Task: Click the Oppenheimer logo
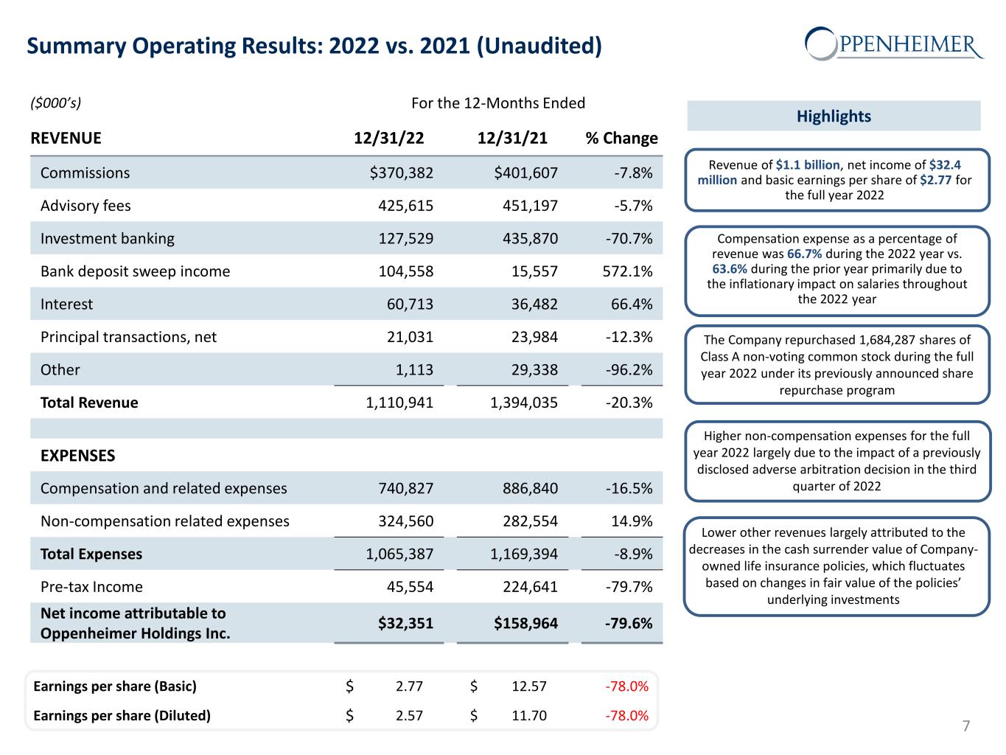(x=894, y=44)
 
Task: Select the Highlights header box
(x=834, y=116)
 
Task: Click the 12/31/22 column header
(x=388, y=139)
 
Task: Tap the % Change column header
(x=621, y=139)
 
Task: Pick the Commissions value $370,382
(x=401, y=173)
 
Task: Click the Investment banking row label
(x=108, y=238)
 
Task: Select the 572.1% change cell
(x=627, y=271)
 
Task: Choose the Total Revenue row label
(x=89, y=403)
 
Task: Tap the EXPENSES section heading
(x=78, y=456)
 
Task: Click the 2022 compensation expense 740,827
(x=400, y=488)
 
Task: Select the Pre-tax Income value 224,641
(x=524, y=587)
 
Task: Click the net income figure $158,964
(x=525, y=623)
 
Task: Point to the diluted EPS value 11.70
(x=529, y=715)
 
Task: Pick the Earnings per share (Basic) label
(x=115, y=686)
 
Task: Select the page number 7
(x=966, y=726)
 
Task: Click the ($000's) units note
(x=55, y=102)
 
